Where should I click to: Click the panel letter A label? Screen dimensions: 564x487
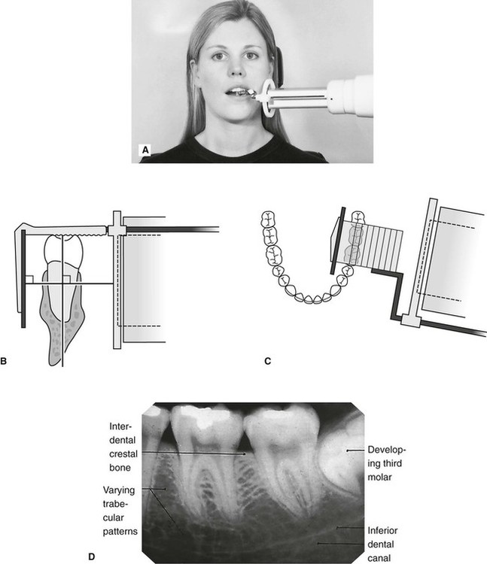(x=145, y=151)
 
